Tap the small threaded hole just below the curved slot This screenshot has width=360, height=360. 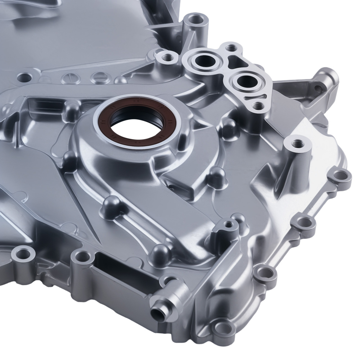point(258,105)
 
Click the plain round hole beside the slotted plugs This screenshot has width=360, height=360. point(24,76)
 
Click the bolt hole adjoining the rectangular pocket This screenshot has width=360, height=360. point(82,257)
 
